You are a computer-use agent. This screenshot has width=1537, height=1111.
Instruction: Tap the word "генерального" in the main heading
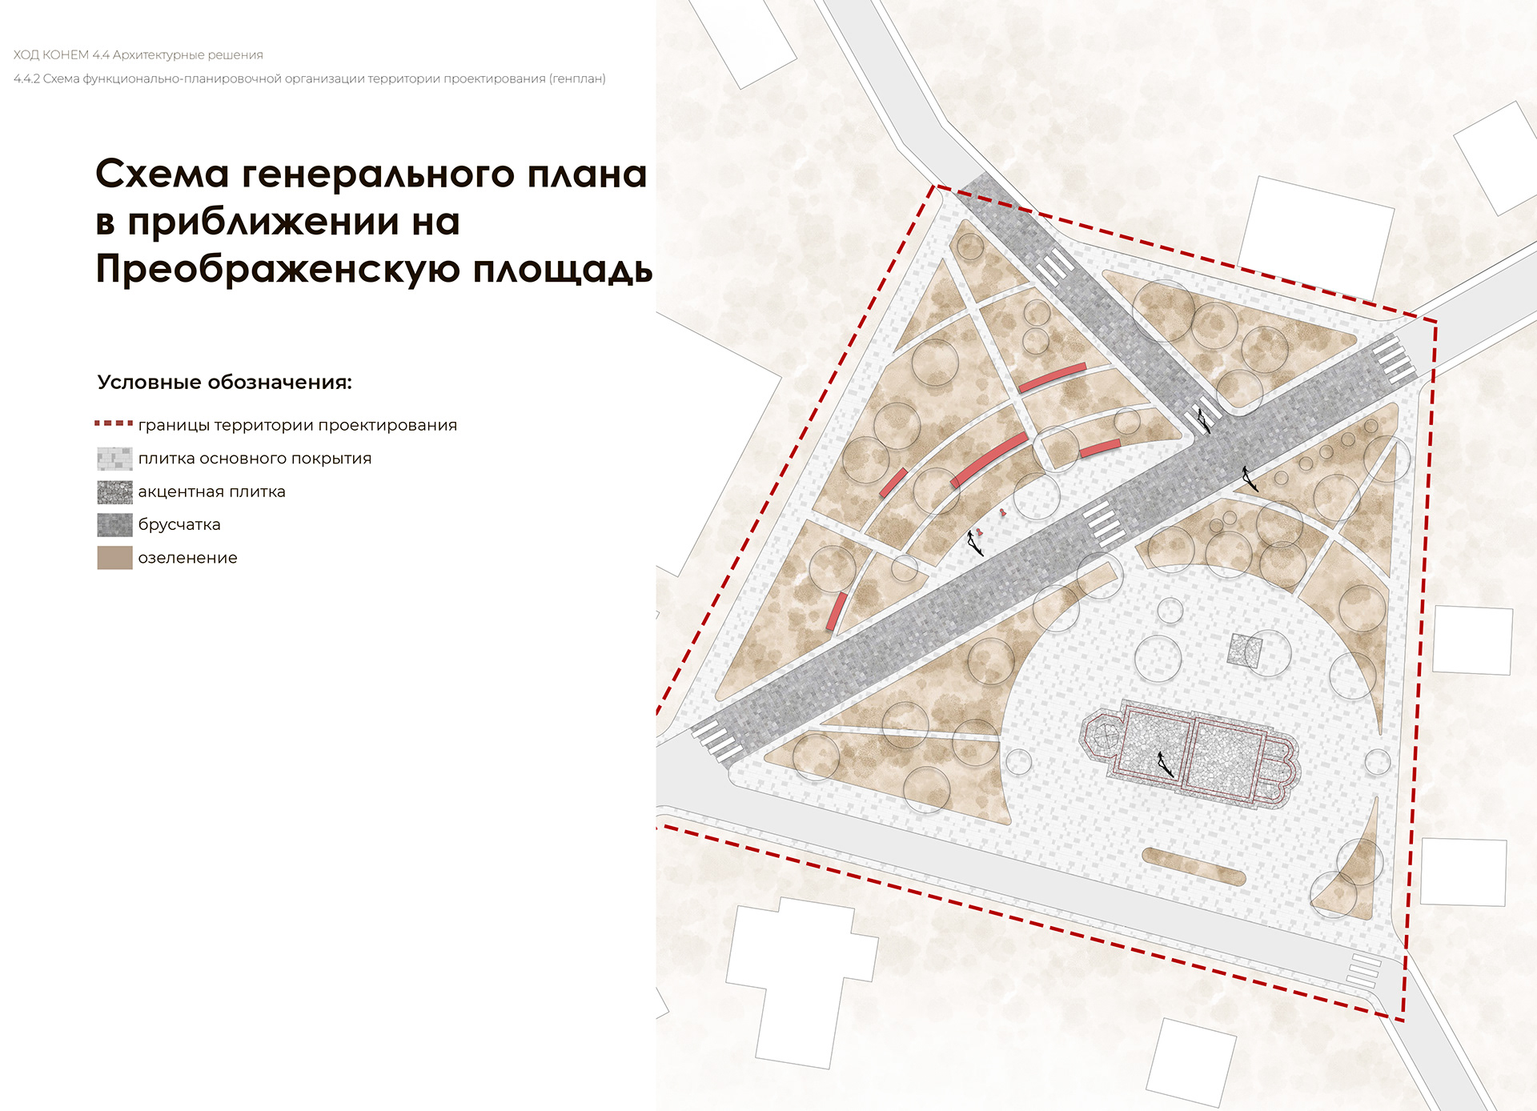click(377, 174)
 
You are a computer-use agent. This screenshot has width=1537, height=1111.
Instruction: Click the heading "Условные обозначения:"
click(224, 383)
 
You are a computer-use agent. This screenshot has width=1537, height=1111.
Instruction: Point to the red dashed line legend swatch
click(114, 423)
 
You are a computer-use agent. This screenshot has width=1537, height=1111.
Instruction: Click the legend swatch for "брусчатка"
click(114, 525)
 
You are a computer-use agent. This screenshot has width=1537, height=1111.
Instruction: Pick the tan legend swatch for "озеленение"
click(114, 558)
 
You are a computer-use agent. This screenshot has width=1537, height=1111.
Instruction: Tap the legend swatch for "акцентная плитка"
click(114, 491)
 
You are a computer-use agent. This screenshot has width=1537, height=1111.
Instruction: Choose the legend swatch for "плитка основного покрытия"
click(114, 459)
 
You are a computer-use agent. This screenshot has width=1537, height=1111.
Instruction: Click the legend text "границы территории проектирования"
click(297, 426)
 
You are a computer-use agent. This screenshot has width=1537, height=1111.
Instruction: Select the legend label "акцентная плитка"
click(211, 492)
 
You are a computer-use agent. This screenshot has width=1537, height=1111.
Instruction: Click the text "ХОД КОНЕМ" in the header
click(50, 55)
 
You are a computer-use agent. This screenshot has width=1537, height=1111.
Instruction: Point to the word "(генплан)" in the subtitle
click(577, 79)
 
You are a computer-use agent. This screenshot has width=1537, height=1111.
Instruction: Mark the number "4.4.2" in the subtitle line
click(26, 79)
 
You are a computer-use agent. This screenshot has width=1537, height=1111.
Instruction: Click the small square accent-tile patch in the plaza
click(1245, 650)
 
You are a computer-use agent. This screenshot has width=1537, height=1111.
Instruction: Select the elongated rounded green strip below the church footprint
click(1194, 866)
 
